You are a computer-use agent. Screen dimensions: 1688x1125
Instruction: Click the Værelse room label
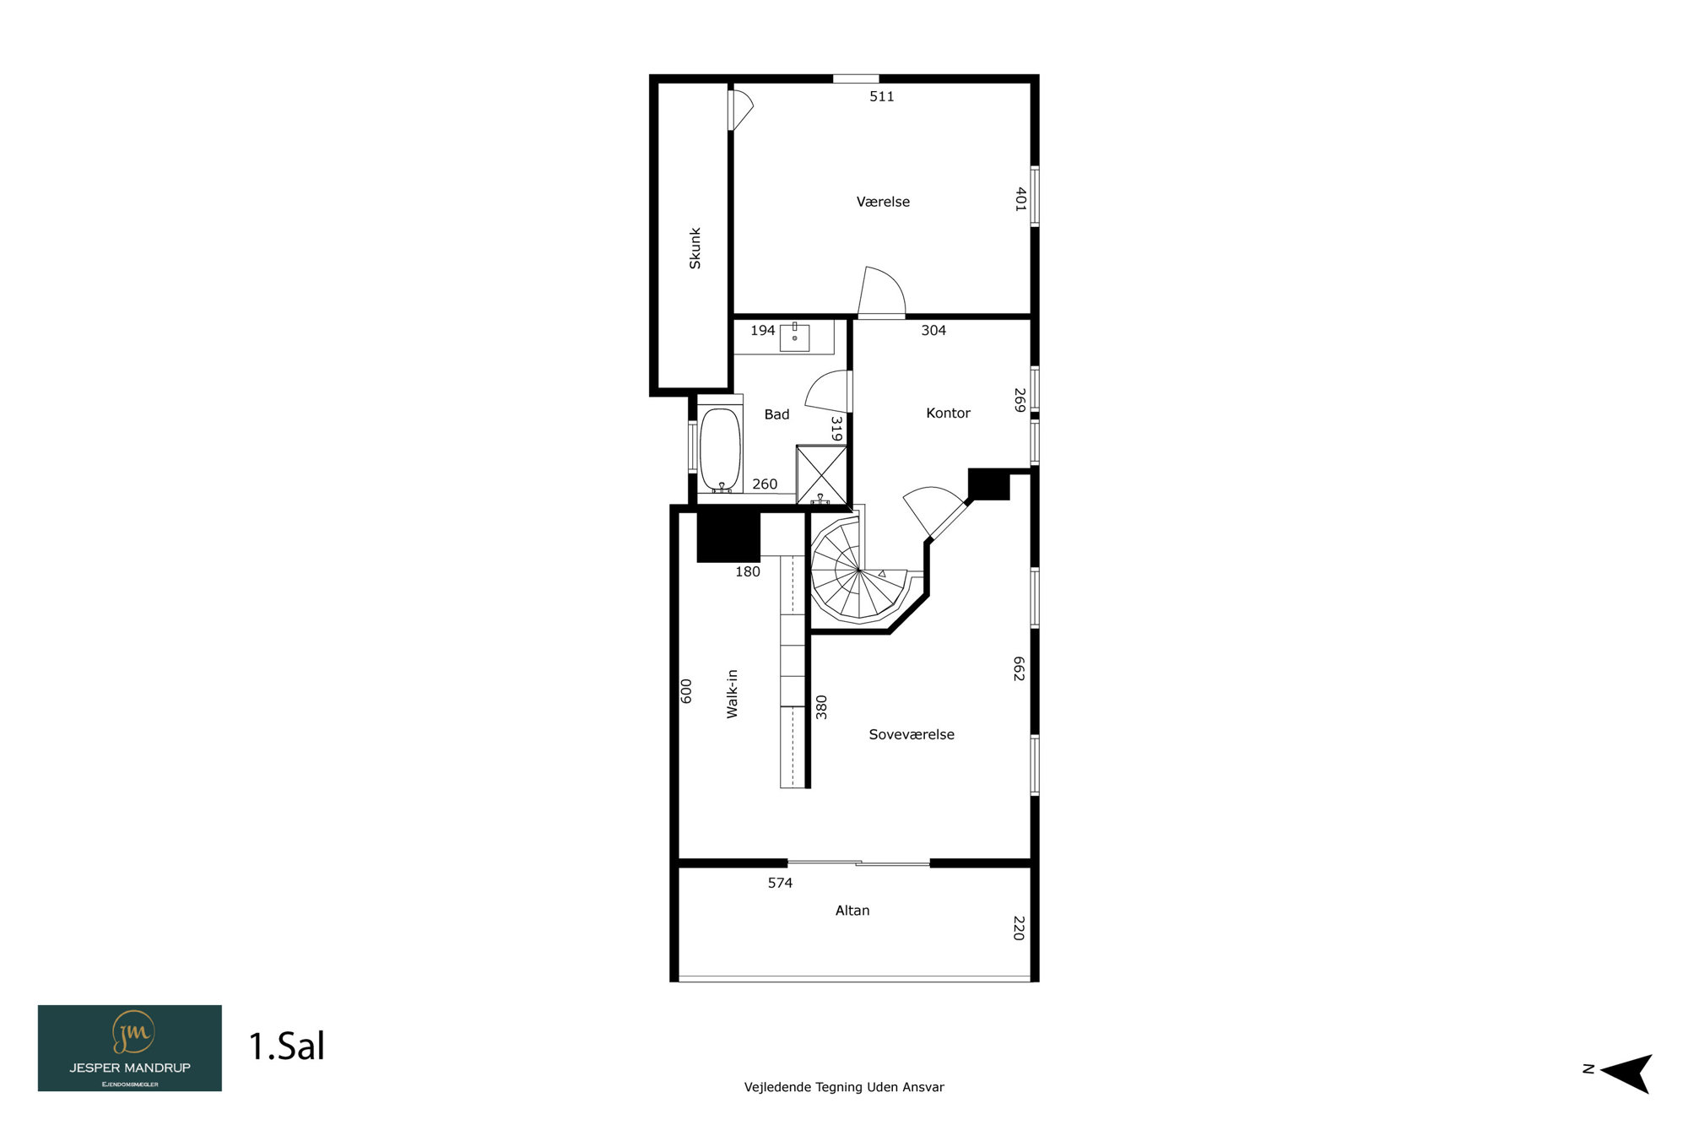pyautogui.click(x=883, y=202)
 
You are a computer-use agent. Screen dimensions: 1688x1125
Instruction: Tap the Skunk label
pyautogui.click(x=695, y=248)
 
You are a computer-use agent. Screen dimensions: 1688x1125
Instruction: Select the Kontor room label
pyautogui.click(x=948, y=413)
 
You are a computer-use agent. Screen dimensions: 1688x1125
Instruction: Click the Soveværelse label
pyautogui.click(x=912, y=734)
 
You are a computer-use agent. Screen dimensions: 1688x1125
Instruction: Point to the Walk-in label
pyautogui.click(x=732, y=694)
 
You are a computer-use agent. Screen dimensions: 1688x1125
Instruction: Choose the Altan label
pyautogui.click(x=852, y=910)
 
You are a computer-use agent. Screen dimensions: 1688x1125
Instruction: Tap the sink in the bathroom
pyautogui.click(x=794, y=337)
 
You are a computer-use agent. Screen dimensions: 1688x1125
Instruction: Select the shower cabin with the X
pyautogui.click(x=821, y=474)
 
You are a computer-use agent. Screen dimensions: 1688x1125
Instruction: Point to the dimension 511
pyautogui.click(x=882, y=96)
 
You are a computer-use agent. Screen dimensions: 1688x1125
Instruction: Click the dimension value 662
pyautogui.click(x=1019, y=668)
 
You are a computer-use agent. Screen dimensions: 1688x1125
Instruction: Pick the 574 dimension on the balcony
pyautogui.click(x=780, y=883)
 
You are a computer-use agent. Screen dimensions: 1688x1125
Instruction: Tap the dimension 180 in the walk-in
pyautogui.click(x=748, y=571)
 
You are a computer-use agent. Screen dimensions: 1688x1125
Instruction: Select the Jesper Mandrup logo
pyautogui.click(x=130, y=1048)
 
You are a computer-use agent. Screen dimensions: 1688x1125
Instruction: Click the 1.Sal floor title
pyautogui.click(x=287, y=1047)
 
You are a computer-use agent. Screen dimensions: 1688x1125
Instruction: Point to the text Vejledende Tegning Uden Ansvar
pyautogui.click(x=844, y=1087)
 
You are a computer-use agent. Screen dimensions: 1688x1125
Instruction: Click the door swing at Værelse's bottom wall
pyautogui.click(x=882, y=292)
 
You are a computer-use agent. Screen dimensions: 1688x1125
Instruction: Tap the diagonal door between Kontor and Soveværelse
pyautogui.click(x=937, y=511)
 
